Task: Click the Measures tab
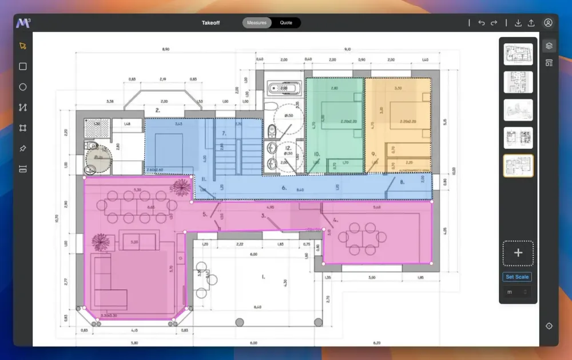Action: tap(256, 23)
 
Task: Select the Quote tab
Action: tap(286, 23)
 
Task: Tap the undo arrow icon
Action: tap(482, 23)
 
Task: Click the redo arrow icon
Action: tap(494, 23)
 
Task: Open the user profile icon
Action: tap(548, 23)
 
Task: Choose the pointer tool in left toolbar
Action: tap(23, 46)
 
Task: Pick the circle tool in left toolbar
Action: tap(23, 87)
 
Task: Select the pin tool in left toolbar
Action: tap(23, 149)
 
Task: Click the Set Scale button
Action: tap(517, 277)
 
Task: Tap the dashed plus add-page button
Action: tap(518, 253)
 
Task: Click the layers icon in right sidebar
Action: tap(549, 46)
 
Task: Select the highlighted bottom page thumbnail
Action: tap(518, 165)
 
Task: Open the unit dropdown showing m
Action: tap(517, 292)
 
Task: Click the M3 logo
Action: tap(23, 23)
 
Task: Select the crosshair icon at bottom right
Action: tap(549, 326)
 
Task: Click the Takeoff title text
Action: tap(211, 23)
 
